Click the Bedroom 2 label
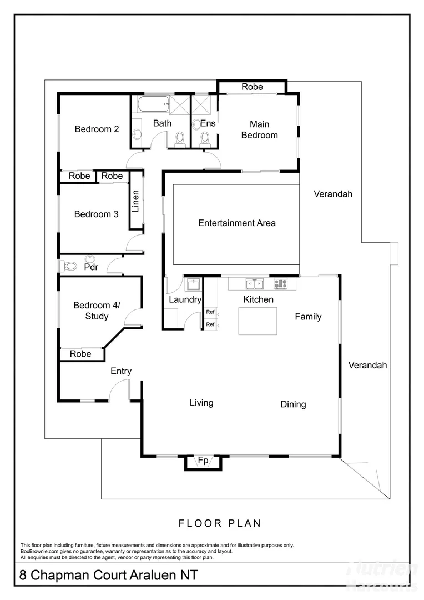97,129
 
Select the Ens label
208,123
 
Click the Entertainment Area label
237,223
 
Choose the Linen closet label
135,202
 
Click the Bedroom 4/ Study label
92,311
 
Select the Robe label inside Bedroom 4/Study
80,354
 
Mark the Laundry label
185,300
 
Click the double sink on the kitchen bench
255,284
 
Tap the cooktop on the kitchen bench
281,284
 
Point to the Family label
308,317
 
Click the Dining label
293,404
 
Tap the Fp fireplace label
203,461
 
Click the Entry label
121,371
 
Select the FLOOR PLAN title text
220,523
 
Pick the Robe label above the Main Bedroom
252,87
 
